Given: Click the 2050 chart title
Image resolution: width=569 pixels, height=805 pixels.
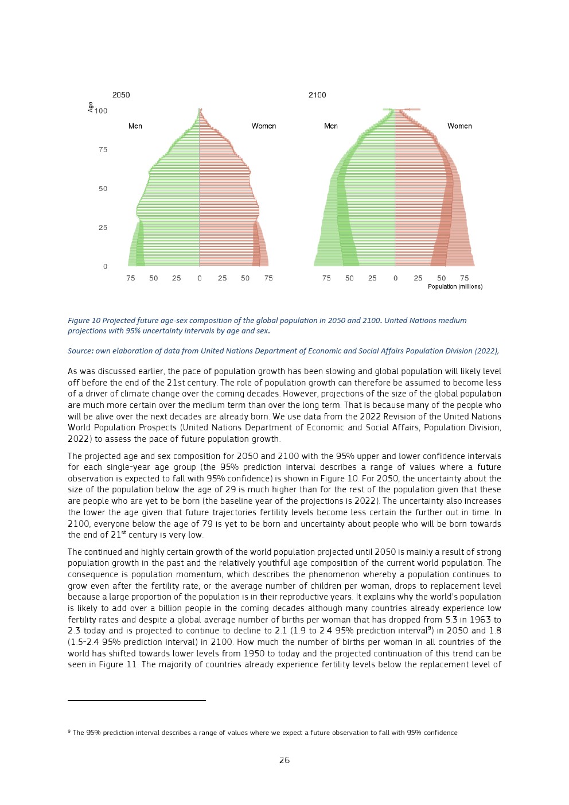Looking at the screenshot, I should pyautogui.click(x=121, y=95).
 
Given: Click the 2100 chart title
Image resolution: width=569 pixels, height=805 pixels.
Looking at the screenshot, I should pyautogui.click(x=317, y=95).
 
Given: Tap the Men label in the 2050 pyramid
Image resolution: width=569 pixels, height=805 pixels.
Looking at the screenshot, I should pyautogui.click(x=135, y=126).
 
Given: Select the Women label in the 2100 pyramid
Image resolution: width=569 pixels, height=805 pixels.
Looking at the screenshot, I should pyautogui.click(x=459, y=126).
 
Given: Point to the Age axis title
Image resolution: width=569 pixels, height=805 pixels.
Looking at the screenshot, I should pyautogui.click(x=90, y=107).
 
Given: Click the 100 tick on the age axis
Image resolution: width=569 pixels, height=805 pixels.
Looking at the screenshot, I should pyautogui.click(x=101, y=111).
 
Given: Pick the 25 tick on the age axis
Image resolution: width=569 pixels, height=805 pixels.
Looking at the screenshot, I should pyautogui.click(x=103, y=228).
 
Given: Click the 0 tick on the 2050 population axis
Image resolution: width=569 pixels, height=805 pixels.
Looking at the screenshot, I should pyautogui.click(x=200, y=278).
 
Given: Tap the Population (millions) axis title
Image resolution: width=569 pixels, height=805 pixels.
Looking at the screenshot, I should pyautogui.click(x=455, y=286).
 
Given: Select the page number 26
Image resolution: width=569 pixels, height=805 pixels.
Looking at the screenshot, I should pyautogui.click(x=284, y=760).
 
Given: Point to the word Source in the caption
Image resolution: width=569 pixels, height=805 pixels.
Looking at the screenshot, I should pyautogui.click(x=80, y=351).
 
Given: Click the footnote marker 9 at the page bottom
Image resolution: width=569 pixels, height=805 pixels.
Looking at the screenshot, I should pyautogui.click(x=69, y=731).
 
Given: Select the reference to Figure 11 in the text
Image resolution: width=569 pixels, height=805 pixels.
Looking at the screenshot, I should pyautogui.click(x=119, y=664).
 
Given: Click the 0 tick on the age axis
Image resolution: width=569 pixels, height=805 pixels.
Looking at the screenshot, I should pyautogui.click(x=105, y=267).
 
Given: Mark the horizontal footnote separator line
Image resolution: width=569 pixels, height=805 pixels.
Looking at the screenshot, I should pyautogui.click(x=137, y=701).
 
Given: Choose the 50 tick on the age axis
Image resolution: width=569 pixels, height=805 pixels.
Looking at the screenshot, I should pyautogui.click(x=103, y=189).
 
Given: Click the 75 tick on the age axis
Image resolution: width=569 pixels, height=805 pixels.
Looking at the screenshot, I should pyautogui.click(x=103, y=150).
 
